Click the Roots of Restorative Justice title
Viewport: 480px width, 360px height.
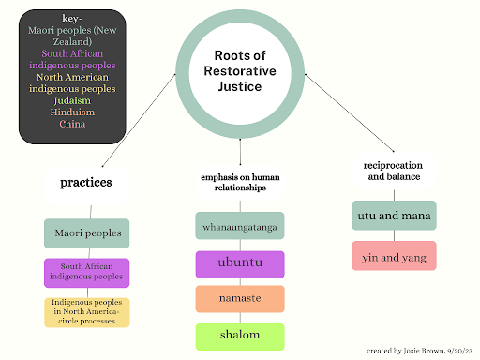point(240,72)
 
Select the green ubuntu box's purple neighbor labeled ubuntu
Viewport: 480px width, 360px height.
point(240,263)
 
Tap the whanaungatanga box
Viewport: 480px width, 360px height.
point(240,227)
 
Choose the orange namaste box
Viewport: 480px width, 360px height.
point(240,299)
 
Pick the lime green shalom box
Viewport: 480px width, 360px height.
point(240,336)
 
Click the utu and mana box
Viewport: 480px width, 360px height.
point(394,216)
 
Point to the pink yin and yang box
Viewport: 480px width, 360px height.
point(394,255)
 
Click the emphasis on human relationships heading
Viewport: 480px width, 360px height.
point(240,182)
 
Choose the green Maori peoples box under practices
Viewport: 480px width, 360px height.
point(86,232)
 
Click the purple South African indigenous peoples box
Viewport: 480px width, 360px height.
point(86,272)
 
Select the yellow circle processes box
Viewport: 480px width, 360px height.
point(86,312)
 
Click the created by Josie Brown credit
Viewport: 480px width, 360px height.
point(417,349)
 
